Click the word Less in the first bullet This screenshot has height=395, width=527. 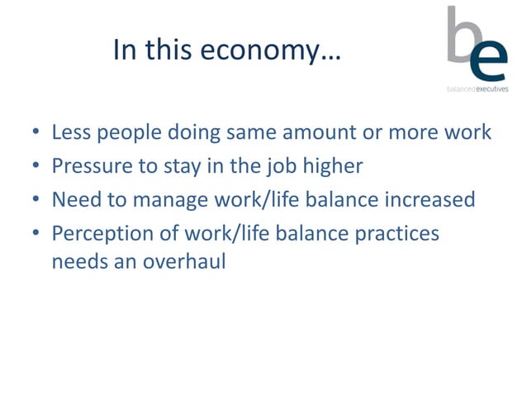pyautogui.click(x=70, y=132)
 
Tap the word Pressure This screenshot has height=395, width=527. pyautogui.click(x=88, y=166)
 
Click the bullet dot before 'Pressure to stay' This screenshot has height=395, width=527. pyautogui.click(x=36, y=167)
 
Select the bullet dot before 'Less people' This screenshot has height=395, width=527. pyautogui.click(x=36, y=133)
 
